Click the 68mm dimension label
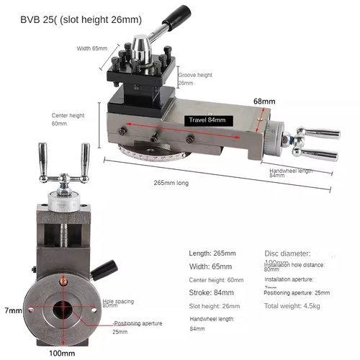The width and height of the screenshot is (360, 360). pos(264,102)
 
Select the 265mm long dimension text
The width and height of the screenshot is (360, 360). pos(172,183)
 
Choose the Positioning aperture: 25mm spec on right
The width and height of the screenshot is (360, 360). pos(296,292)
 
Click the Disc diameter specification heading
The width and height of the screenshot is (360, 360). pos(287,253)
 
